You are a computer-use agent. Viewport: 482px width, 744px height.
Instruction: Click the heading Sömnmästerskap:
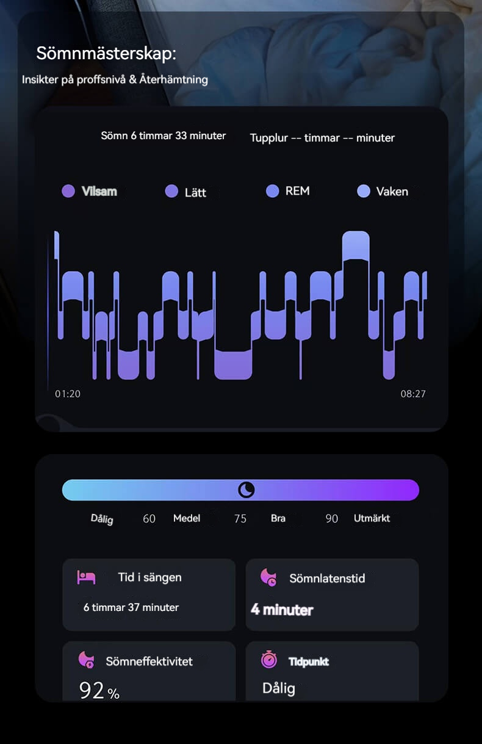coord(106,53)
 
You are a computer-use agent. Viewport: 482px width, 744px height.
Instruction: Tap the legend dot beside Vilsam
coord(68,191)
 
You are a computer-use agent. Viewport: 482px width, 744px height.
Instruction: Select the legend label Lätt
coord(195,192)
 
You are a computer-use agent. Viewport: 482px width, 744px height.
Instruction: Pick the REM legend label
coord(297,191)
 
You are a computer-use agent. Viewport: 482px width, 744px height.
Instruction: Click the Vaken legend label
coord(392,192)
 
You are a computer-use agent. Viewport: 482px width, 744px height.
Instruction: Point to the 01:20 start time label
coord(68,394)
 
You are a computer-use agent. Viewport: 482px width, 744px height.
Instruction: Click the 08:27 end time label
coord(413,394)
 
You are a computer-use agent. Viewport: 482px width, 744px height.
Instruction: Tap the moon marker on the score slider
coord(246,489)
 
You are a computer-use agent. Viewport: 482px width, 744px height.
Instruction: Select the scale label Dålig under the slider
coord(102,519)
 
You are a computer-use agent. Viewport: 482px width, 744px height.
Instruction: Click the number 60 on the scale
coord(149,519)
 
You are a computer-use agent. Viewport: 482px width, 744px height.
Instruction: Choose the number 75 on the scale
coord(240,519)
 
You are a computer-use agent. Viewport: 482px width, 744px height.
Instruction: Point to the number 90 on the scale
coord(331,519)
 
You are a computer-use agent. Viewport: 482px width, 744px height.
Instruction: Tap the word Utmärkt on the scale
coord(372,519)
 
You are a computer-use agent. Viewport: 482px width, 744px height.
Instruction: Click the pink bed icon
coord(86,577)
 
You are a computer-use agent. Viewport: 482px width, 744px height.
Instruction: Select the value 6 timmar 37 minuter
coord(131,607)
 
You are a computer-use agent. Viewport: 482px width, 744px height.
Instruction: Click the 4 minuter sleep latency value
coord(282,609)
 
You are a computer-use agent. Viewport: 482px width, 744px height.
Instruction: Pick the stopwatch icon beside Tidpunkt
coord(269,660)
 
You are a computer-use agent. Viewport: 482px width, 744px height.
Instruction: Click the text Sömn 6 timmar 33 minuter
coord(164,135)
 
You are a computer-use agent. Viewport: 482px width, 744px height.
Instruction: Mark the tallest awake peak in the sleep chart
coord(356,244)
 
